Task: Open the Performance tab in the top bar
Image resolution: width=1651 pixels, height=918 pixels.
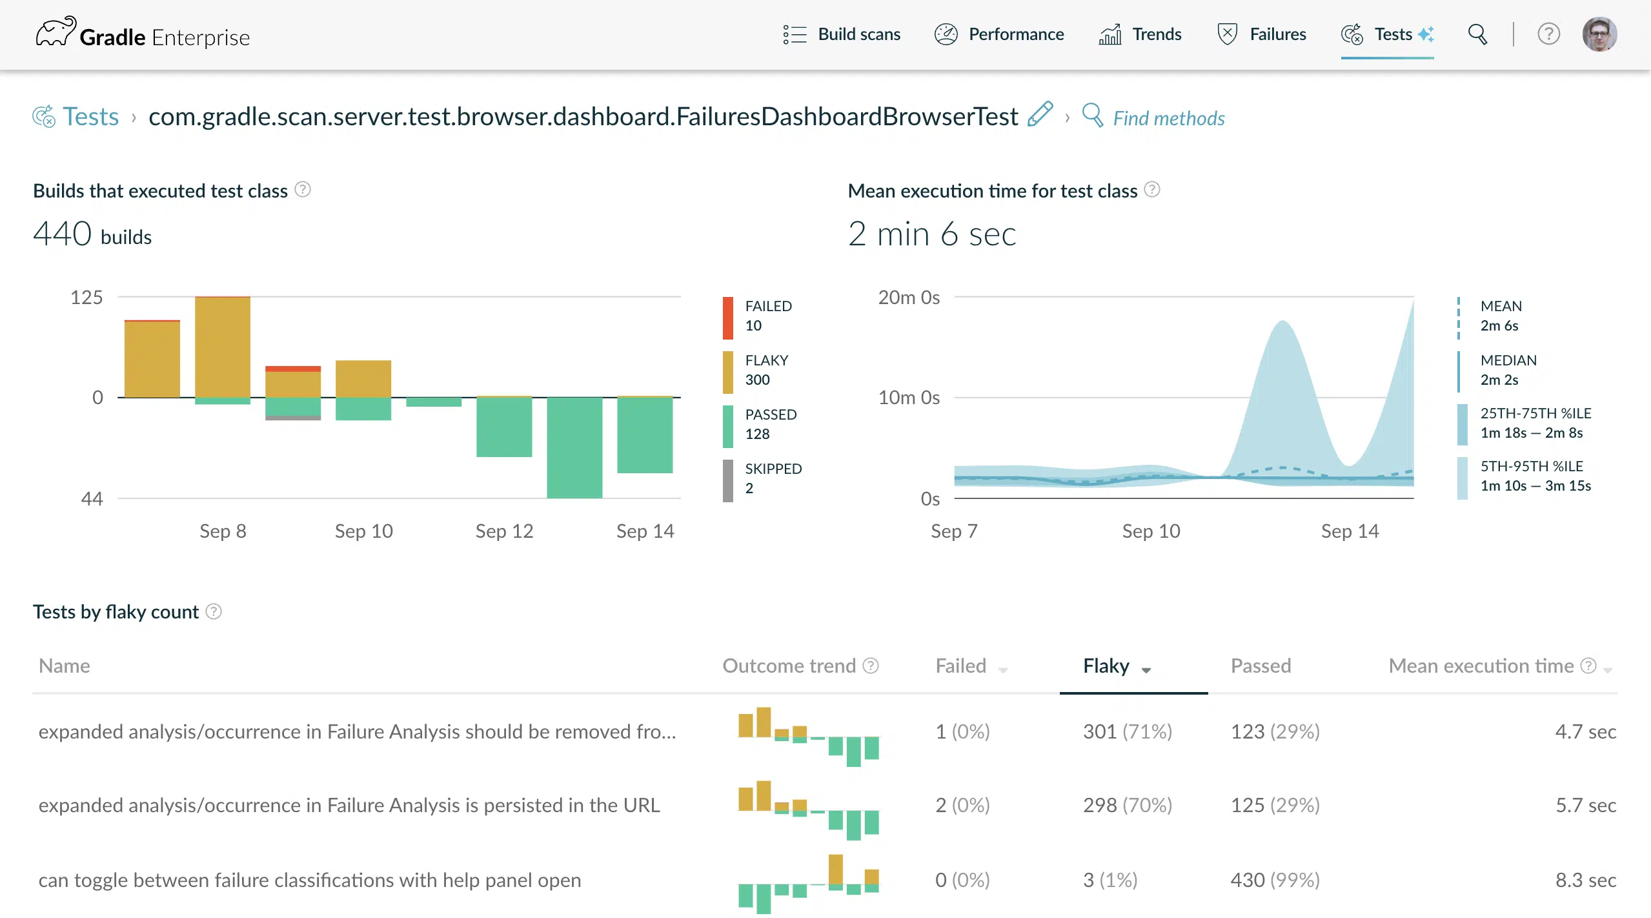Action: tap(999, 34)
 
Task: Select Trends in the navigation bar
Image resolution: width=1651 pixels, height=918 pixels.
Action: tap(1140, 34)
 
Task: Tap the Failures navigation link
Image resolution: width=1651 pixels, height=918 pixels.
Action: tap(1261, 34)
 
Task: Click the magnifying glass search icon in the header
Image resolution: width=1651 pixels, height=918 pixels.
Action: tap(1477, 34)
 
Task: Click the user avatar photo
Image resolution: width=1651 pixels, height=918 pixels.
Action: tap(1599, 34)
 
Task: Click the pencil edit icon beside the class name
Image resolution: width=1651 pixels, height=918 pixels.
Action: tap(1040, 114)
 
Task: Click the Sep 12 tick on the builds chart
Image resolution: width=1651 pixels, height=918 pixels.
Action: tap(504, 531)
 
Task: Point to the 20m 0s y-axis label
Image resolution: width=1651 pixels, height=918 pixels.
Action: tap(909, 298)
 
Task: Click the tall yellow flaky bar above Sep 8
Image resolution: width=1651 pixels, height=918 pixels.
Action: tap(223, 347)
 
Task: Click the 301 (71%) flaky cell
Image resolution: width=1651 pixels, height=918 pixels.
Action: tap(1128, 732)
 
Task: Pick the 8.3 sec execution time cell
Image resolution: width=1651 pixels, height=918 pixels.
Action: tap(1586, 881)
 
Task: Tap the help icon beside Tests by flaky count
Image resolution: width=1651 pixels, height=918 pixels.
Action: tap(214, 611)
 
